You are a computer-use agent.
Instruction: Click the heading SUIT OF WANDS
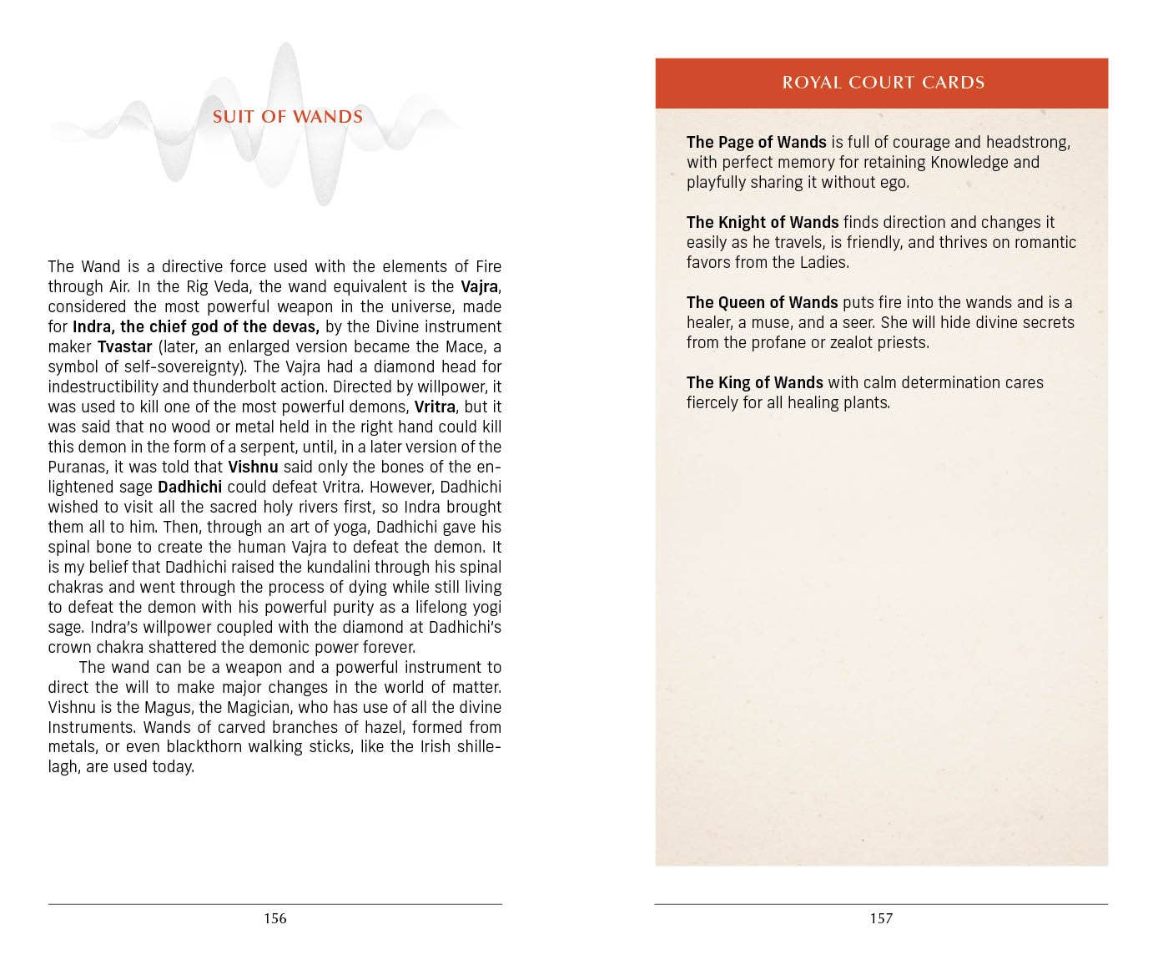(x=288, y=117)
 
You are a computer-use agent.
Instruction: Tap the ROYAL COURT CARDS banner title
(x=883, y=83)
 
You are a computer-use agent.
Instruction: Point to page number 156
(x=275, y=918)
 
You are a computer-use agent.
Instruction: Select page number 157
(x=881, y=918)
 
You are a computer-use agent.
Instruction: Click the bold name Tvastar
(x=125, y=346)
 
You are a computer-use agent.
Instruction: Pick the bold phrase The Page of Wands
(x=756, y=142)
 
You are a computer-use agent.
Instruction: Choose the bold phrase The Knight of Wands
(x=762, y=222)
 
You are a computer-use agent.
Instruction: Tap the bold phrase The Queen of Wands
(x=762, y=302)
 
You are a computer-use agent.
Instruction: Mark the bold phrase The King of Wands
(x=754, y=382)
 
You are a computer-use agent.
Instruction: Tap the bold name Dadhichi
(x=189, y=487)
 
